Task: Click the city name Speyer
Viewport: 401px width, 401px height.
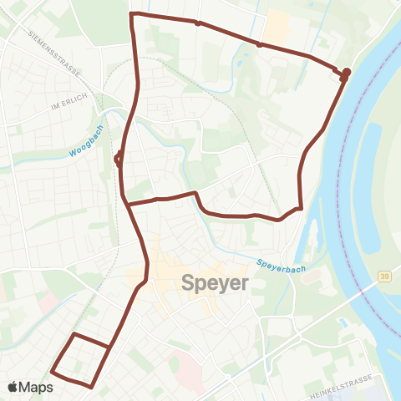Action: (215, 283)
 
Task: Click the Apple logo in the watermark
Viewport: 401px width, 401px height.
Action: (14, 387)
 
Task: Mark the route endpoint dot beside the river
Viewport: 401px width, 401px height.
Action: (346, 72)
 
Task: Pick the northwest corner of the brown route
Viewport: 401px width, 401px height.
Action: (132, 14)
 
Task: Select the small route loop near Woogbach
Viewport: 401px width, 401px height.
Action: (119, 156)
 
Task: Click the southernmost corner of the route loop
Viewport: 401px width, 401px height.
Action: (90, 386)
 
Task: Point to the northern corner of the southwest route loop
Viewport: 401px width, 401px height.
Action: (74, 334)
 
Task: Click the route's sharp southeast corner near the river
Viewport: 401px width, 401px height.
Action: (300, 207)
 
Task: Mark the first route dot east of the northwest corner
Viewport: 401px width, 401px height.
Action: (197, 23)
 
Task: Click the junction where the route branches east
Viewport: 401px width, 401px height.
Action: (128, 203)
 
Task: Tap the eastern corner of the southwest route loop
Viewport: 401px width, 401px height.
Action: (109, 346)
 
